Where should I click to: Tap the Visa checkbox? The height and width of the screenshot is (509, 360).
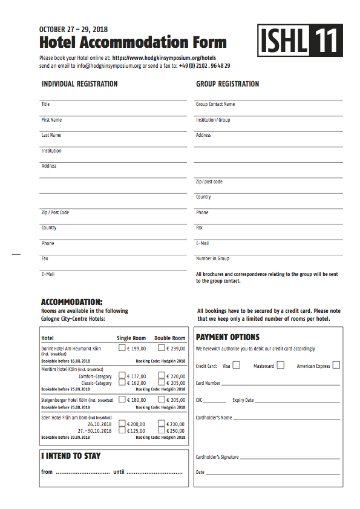[237, 365]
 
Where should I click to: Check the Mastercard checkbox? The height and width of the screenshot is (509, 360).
[280, 365]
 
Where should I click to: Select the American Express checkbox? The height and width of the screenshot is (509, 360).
[336, 365]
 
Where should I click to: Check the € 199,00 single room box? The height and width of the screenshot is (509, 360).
[122, 348]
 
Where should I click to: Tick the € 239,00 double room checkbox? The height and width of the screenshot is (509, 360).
[162, 348]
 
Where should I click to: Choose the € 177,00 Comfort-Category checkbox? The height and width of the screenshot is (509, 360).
[122, 376]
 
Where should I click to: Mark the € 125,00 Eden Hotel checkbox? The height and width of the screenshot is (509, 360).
[122, 430]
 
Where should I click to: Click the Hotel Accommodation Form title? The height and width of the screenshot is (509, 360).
[133, 42]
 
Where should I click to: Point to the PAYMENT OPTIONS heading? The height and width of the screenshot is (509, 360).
[227, 337]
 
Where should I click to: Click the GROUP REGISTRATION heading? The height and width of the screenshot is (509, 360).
[227, 84]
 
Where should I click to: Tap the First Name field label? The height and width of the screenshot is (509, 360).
[51, 120]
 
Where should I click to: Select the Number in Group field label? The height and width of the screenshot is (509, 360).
[212, 258]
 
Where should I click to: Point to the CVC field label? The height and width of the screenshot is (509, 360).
[200, 400]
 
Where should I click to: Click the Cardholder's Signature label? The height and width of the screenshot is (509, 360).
[217, 457]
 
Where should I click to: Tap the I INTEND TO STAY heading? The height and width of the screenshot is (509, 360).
[71, 456]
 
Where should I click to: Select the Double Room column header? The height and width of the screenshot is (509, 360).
[169, 338]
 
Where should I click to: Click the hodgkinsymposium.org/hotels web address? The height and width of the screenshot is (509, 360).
[164, 58]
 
